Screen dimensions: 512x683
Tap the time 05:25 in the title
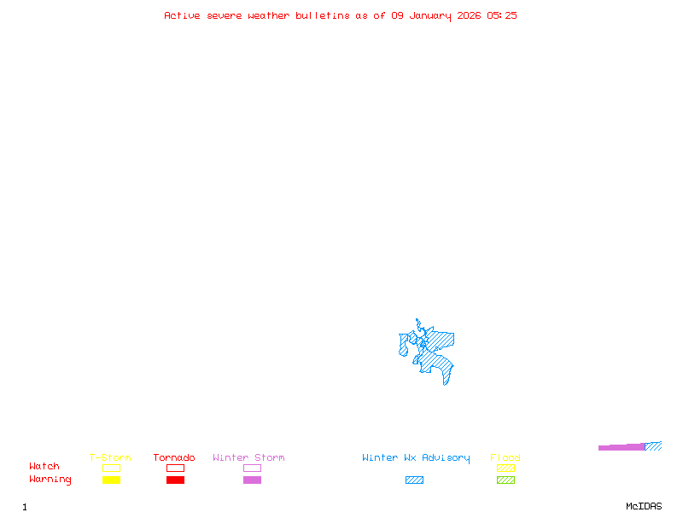pyautogui.click(x=502, y=15)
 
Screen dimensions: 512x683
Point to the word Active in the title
pyautogui.click(x=183, y=15)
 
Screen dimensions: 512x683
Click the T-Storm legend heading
pyautogui.click(x=110, y=458)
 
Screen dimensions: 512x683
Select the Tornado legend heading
pyautogui.click(x=174, y=458)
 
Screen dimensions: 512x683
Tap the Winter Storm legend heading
pyautogui.click(x=248, y=458)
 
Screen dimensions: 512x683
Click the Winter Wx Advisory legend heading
pyautogui.click(x=416, y=458)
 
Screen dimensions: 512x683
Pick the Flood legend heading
pyautogui.click(x=505, y=458)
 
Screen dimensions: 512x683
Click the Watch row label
pyautogui.click(x=44, y=467)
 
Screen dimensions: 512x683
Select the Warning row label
pyautogui.click(x=50, y=480)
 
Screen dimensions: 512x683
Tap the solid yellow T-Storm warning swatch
pyautogui.click(x=111, y=480)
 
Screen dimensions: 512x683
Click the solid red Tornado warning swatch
pyautogui.click(x=175, y=480)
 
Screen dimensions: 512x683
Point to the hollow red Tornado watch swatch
pyautogui.click(x=175, y=468)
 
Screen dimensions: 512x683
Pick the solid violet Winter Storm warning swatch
pyautogui.click(x=252, y=480)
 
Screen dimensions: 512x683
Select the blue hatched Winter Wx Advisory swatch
pyautogui.click(x=414, y=480)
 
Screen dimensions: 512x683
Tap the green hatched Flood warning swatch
pyautogui.click(x=505, y=480)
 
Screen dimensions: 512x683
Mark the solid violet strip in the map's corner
pyautogui.click(x=622, y=447)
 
